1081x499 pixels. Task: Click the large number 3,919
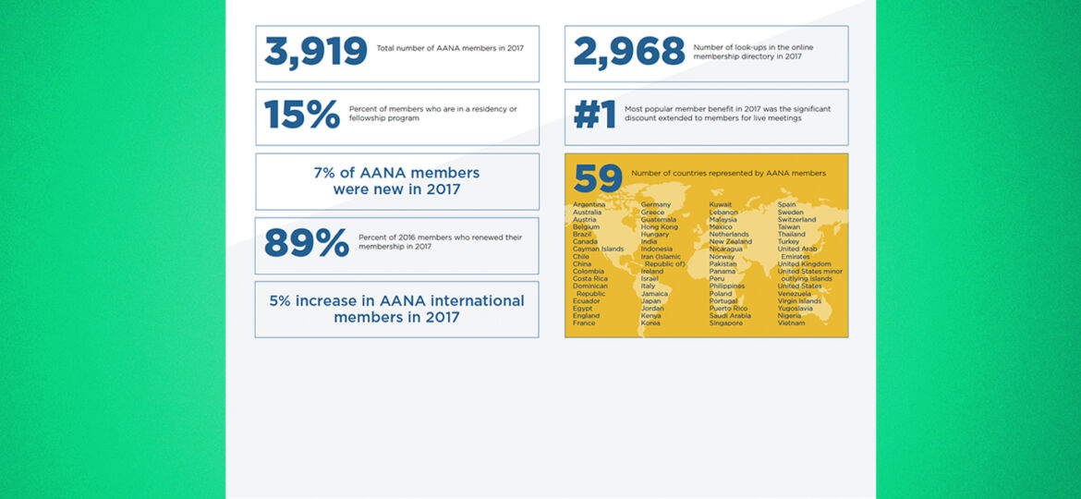point(315,53)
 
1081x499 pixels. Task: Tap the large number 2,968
point(628,53)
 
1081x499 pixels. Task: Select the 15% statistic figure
point(302,115)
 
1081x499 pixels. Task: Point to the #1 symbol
point(594,115)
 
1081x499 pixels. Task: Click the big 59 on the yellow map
point(598,178)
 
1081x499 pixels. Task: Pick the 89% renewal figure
point(306,243)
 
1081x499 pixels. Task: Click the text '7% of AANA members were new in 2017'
point(396,181)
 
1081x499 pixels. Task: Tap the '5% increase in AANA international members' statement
point(396,309)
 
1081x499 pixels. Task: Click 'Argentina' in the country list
point(589,204)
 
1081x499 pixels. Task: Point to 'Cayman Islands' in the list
point(598,249)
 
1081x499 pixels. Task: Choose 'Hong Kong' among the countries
point(659,226)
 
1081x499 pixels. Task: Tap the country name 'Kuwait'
point(721,204)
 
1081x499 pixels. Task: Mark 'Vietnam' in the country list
point(791,323)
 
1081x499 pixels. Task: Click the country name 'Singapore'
point(725,323)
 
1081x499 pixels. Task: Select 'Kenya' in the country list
point(650,315)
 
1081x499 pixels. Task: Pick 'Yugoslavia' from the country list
point(796,308)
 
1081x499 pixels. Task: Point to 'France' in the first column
point(584,323)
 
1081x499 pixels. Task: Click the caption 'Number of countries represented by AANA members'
point(728,173)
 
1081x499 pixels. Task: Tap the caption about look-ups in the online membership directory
point(753,52)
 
